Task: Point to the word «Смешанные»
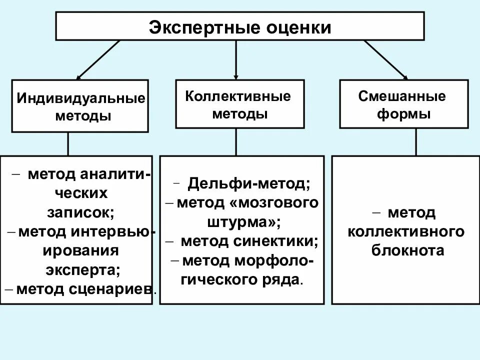pyautogui.click(x=402, y=96)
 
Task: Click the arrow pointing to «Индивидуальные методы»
pyautogui.click(x=97, y=60)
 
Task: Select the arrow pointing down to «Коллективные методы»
pyautogui.click(x=236, y=60)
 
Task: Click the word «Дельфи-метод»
pyautogui.click(x=249, y=183)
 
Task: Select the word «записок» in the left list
pyautogui.click(x=80, y=212)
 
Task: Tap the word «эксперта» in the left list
pyautogui.click(x=83, y=270)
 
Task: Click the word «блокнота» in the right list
pyautogui.click(x=407, y=250)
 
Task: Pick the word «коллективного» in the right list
pyautogui.click(x=406, y=231)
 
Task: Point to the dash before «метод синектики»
pyautogui.click(x=170, y=241)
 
